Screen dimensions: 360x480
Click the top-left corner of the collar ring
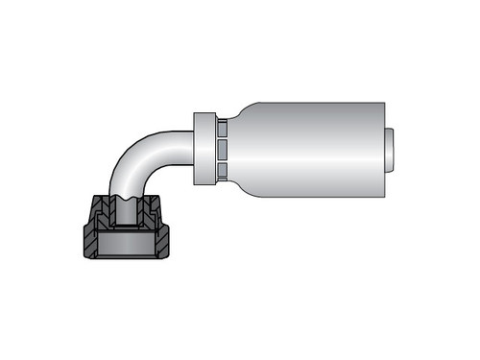(195, 113)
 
